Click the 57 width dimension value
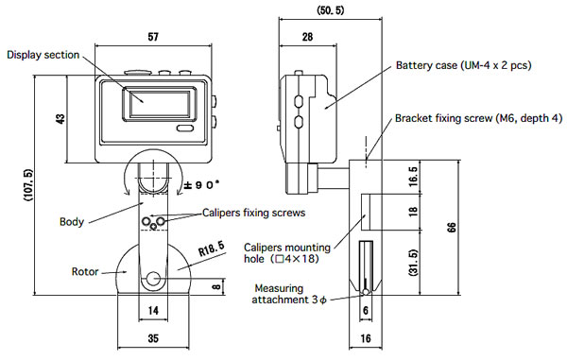click(153, 37)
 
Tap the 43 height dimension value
click(60, 119)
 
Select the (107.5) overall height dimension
click(28, 185)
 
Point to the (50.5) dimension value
click(331, 10)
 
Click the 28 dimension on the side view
click(307, 37)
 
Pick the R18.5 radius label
click(212, 249)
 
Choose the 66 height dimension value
click(452, 228)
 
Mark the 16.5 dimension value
click(413, 177)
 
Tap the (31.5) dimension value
click(413, 263)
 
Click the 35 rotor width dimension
click(153, 338)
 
